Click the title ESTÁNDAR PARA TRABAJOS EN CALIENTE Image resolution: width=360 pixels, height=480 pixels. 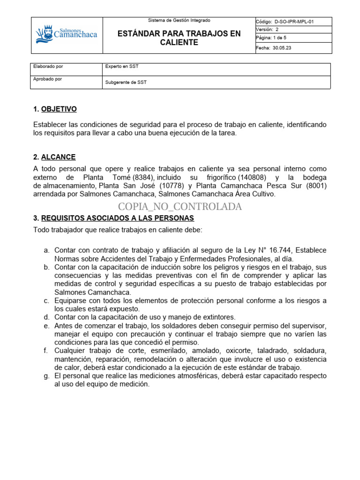[x=179, y=38]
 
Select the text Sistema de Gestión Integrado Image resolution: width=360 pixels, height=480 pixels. [x=179, y=21]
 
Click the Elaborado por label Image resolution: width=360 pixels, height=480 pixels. [x=48, y=67]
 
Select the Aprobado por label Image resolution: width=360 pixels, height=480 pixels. [x=48, y=79]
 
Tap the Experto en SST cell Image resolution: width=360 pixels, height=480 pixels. [x=122, y=67]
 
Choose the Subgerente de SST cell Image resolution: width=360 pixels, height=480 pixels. [x=126, y=82]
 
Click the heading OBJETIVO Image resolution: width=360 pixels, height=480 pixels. [x=59, y=109]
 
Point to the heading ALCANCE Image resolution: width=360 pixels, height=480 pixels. [x=58, y=157]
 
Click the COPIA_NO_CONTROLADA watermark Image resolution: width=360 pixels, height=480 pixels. [x=180, y=207]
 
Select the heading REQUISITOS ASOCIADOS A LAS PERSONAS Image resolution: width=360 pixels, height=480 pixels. [x=118, y=218]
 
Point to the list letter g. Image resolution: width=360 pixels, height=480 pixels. [x=46, y=376]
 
